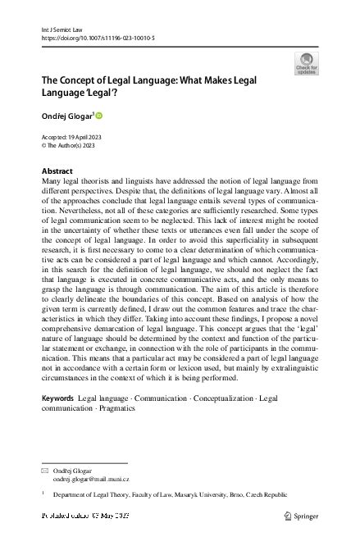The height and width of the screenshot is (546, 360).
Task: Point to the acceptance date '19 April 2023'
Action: [80, 137]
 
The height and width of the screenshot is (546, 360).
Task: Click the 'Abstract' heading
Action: [57, 171]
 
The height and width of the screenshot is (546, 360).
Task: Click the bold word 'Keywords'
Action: [57, 398]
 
